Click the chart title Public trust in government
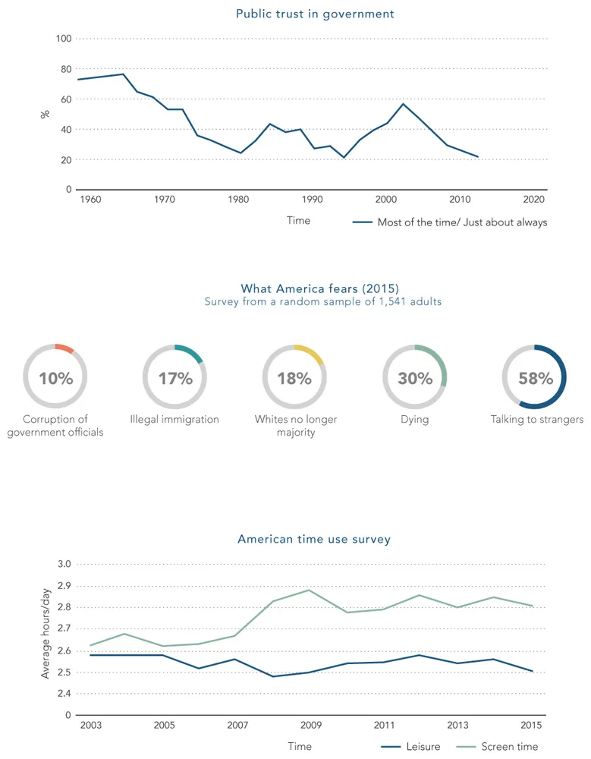click(315, 14)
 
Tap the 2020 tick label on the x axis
click(533, 200)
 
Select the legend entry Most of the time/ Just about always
click(461, 222)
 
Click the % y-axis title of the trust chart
click(45, 114)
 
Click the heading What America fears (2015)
click(319, 288)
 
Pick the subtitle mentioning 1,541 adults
click(323, 301)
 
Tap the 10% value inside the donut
click(55, 378)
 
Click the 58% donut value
click(535, 378)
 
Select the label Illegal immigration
click(174, 420)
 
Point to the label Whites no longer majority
click(295, 426)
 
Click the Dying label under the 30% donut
click(415, 420)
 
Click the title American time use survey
click(314, 540)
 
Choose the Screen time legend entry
click(509, 747)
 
